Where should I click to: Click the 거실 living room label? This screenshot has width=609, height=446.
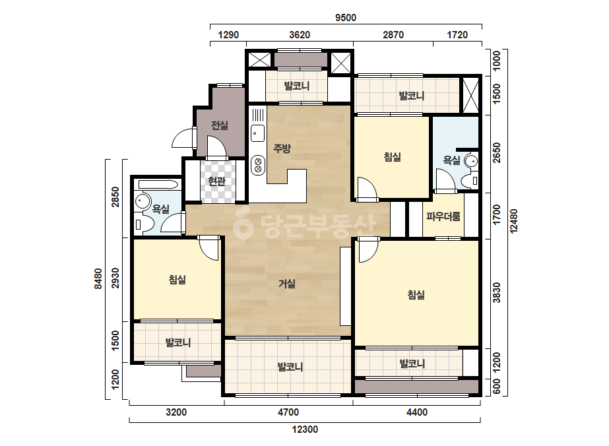[x=286, y=284]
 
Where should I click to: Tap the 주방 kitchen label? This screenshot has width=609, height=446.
[x=282, y=148]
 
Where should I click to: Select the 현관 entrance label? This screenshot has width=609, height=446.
[x=216, y=181]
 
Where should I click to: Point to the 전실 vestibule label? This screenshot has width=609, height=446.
[x=220, y=125]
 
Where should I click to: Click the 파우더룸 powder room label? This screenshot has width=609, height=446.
[x=443, y=216]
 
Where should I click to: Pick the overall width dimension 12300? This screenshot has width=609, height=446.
[x=305, y=430]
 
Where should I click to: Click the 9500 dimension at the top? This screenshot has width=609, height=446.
[x=346, y=17]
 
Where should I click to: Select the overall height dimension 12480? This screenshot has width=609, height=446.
[x=514, y=221]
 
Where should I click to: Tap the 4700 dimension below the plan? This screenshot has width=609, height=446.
[x=288, y=412]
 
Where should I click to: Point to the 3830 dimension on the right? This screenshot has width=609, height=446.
[x=496, y=292]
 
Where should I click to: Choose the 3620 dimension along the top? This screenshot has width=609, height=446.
[x=300, y=35]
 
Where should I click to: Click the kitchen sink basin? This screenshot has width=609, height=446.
[x=257, y=134]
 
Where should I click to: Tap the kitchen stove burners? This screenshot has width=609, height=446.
[x=257, y=165]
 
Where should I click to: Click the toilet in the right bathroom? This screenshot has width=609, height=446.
[x=470, y=181]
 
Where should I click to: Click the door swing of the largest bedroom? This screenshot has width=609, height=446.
[x=368, y=250]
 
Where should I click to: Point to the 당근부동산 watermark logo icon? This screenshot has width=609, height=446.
[x=243, y=223]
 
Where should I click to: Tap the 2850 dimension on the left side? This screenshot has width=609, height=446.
[x=115, y=197]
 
